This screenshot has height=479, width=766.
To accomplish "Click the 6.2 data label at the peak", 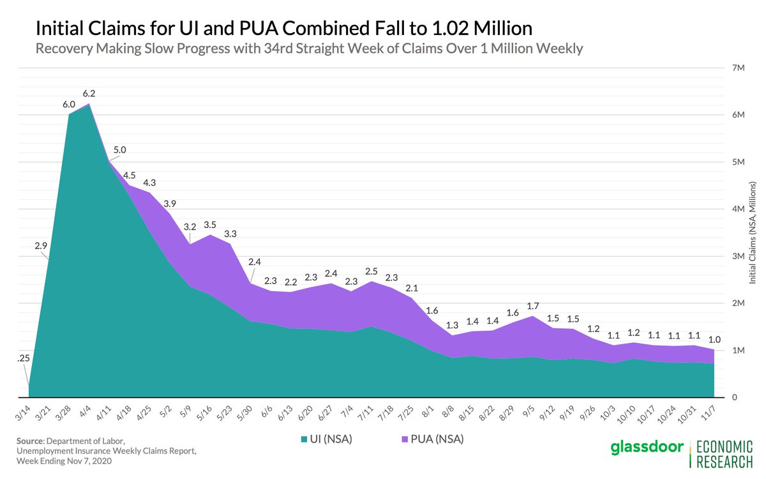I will click(x=89, y=93).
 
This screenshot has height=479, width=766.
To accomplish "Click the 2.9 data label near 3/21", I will click(x=41, y=245).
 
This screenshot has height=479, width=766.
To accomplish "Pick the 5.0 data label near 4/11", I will click(x=120, y=150).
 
